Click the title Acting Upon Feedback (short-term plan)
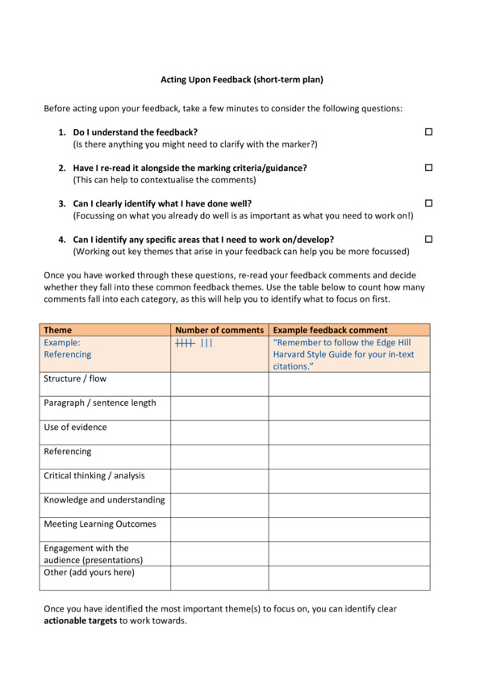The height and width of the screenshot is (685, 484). [x=241, y=80]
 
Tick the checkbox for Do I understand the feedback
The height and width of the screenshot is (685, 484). [x=429, y=132]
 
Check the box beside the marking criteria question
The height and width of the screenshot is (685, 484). [x=429, y=168]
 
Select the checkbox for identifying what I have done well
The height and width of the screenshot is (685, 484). [x=429, y=203]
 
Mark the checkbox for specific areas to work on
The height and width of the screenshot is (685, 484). [x=429, y=240]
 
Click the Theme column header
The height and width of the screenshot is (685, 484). [x=57, y=330]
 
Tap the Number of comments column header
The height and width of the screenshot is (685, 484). [x=219, y=330]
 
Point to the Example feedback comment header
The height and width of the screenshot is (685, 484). [x=330, y=330]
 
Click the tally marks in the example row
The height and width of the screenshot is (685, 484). [x=194, y=343]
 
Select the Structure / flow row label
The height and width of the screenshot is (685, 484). [x=75, y=378]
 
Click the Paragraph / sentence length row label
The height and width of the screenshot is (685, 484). [x=100, y=403]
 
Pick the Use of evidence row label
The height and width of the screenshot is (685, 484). [x=75, y=427]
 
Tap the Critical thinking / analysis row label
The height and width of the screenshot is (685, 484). [x=94, y=475]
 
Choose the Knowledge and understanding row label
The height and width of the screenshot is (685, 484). [x=104, y=499]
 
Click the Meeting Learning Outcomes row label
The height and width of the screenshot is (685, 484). [x=100, y=524]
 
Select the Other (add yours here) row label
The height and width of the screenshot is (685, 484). [x=90, y=573]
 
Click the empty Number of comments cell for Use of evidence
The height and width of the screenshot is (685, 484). [x=219, y=432]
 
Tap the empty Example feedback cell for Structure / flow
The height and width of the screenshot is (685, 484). [x=349, y=384]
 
